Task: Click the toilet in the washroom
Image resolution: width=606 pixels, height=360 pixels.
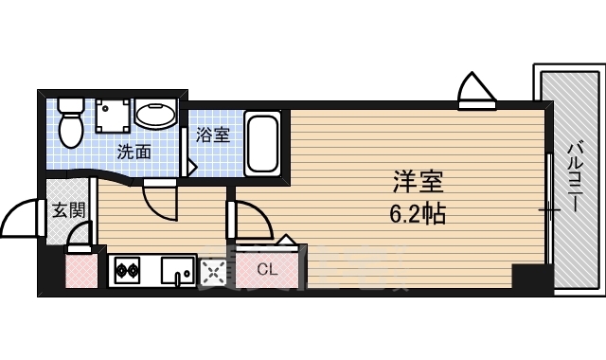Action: [70, 119]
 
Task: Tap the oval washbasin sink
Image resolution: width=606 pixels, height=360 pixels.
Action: [153, 116]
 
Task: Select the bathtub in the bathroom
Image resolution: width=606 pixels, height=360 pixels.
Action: [262, 142]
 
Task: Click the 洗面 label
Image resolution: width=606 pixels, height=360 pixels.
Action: [134, 151]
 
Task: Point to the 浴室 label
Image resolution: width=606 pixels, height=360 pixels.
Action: [213, 135]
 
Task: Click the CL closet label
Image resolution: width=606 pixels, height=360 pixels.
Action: [267, 270]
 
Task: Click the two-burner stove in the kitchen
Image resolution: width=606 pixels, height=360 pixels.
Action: [128, 271]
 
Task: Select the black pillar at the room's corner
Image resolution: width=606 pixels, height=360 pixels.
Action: [530, 279]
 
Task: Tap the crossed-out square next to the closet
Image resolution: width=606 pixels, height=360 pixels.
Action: [215, 272]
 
